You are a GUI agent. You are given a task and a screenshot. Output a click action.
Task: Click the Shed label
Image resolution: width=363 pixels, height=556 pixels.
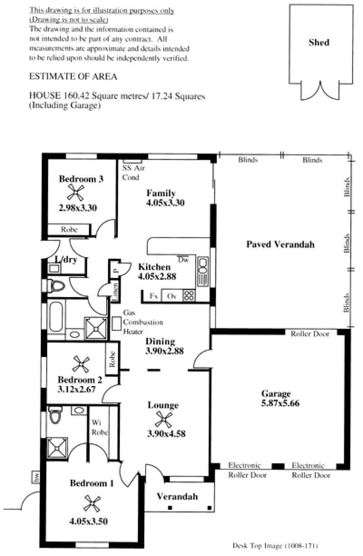point(319,42)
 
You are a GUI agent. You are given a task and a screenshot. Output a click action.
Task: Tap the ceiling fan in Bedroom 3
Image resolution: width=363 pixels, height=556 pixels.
point(76,192)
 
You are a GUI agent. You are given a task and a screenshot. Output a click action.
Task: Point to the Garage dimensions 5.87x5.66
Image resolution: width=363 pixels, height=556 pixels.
point(280,403)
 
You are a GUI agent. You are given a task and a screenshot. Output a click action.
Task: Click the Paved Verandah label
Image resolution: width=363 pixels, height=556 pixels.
point(280,244)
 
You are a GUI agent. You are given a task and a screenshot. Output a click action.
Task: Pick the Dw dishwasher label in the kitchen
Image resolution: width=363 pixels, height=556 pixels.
point(183,260)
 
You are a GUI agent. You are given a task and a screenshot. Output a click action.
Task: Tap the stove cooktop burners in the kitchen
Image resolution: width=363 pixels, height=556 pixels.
point(189,295)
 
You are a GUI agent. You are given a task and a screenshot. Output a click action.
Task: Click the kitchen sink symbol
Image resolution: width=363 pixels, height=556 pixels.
point(203,271)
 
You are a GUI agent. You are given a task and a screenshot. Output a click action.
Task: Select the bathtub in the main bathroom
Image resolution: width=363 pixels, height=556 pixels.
point(56,317)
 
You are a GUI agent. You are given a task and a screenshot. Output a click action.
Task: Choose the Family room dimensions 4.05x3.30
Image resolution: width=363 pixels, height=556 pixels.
point(165,203)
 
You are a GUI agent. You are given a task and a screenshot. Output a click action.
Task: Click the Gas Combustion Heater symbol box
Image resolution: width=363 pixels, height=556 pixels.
point(116,324)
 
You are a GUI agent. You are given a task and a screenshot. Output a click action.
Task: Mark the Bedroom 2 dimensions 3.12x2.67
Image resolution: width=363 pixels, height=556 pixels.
point(77,389)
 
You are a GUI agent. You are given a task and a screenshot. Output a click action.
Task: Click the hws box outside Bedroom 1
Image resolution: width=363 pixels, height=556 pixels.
point(36,477)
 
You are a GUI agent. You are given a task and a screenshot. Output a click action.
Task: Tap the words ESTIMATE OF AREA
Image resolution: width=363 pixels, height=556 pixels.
point(73,76)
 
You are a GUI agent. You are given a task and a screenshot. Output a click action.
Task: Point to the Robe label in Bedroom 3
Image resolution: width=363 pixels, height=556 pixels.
point(69,229)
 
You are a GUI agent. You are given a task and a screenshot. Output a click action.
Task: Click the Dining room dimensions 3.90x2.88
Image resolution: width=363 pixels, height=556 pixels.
point(164,351)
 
